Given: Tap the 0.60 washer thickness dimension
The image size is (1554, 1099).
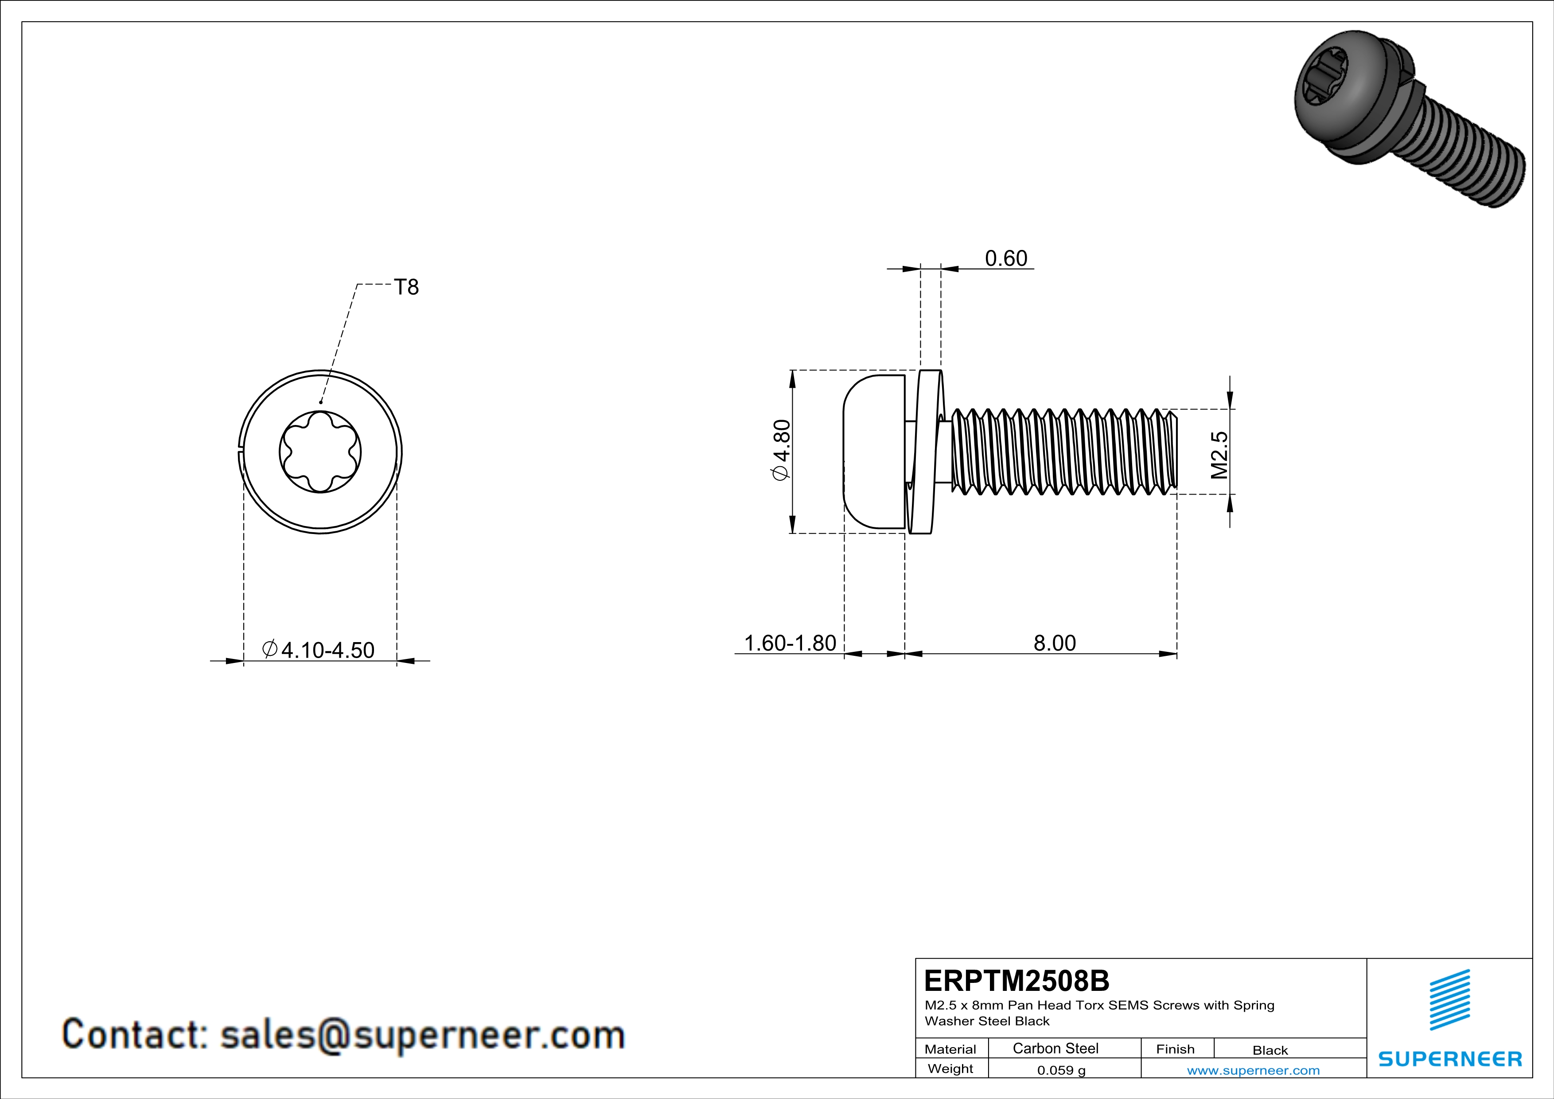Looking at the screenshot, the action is point(1006,258).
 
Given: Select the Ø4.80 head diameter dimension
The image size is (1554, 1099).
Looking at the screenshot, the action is point(781,451).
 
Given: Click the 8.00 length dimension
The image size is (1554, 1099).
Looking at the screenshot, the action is point(1055,643).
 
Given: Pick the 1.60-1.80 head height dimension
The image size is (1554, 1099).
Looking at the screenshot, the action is point(790,643).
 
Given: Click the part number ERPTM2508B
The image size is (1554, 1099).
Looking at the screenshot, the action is point(1017,981).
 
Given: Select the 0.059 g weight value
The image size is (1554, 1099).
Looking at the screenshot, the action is point(1061,1070).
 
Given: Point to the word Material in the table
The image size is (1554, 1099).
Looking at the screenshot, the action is point(950,1049).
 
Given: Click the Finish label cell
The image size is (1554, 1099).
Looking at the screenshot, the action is point(1175,1049).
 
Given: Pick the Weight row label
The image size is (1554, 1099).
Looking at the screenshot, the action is point(950,1068).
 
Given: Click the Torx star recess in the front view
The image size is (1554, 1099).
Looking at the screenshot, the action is point(320,452).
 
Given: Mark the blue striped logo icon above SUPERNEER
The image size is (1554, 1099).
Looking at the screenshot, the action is point(1450,1000).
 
